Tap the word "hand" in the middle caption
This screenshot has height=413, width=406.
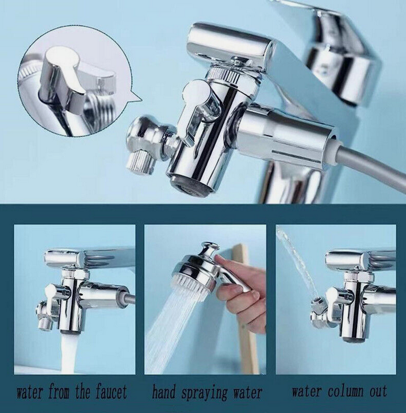(163, 392)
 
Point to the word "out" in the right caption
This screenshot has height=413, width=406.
(378, 392)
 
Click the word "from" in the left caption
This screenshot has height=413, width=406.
(59, 392)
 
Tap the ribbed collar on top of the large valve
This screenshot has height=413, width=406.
(226, 73)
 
